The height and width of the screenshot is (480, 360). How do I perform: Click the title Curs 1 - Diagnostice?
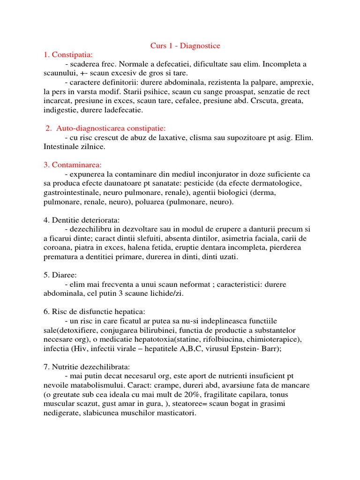coord(185,45)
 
